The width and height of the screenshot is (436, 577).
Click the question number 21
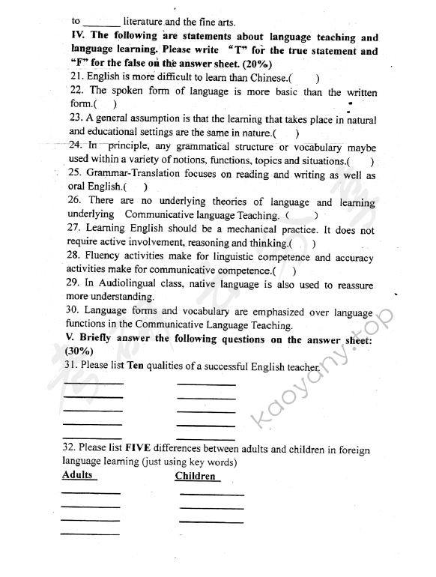(74, 77)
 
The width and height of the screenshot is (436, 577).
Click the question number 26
(73, 202)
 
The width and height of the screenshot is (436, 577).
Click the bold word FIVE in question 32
(140, 449)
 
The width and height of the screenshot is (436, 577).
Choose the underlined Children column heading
(195, 477)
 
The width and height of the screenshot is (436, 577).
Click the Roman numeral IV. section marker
(76, 37)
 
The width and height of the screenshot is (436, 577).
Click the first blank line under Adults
(90, 492)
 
